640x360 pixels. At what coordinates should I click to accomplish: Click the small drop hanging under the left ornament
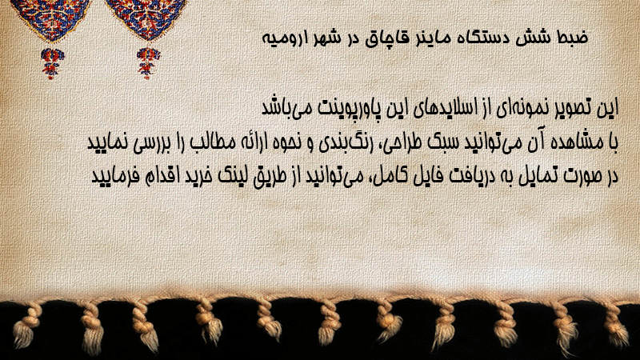pos(52,63)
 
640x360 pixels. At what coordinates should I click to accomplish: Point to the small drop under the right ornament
pos(148,62)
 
